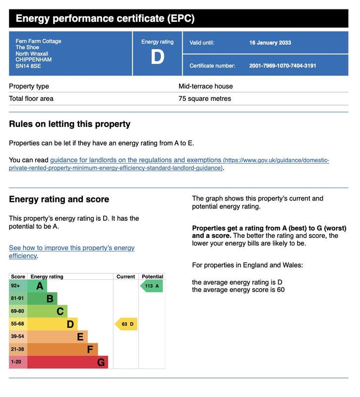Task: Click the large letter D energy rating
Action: coord(157,57)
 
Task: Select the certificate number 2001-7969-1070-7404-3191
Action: coord(282,66)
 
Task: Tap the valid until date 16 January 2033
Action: coord(270,43)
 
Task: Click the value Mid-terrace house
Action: coord(205,86)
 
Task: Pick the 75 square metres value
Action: coord(204,99)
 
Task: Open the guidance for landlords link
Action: coord(135,160)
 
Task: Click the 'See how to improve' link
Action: coord(71,248)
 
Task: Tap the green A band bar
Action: coord(37,286)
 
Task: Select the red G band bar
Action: coord(67,362)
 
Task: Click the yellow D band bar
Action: coord(52,324)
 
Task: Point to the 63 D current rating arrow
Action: coord(126,324)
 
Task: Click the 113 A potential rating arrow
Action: coord(151,286)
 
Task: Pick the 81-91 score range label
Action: coord(17,299)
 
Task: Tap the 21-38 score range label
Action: coord(17,349)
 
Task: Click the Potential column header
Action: coord(152,276)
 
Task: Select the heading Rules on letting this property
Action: coord(69,124)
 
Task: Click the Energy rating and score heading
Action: coord(59,199)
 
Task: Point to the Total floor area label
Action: coord(31,99)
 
